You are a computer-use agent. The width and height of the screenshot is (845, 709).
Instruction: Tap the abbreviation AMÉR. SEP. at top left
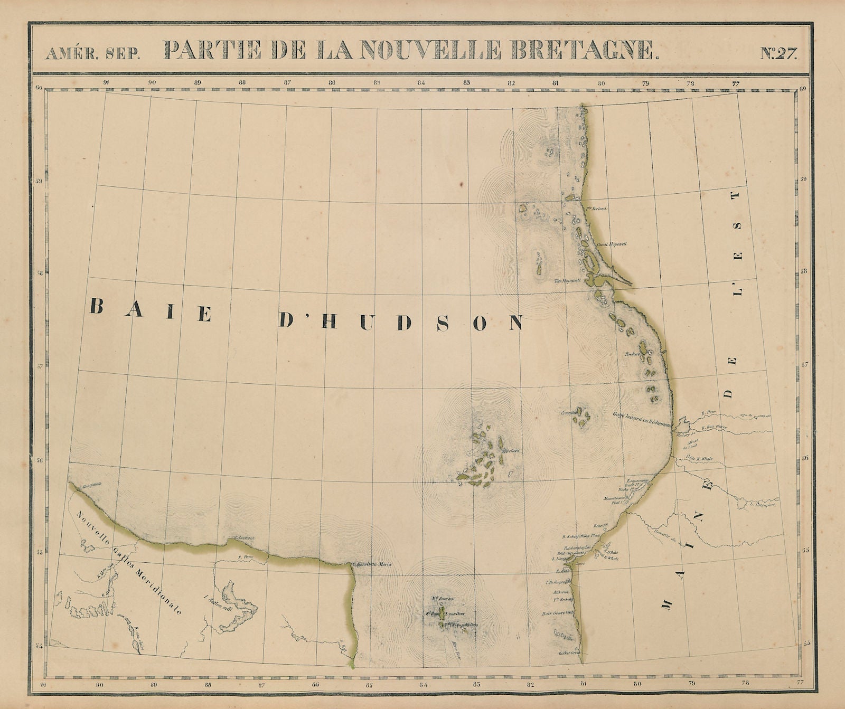pyautogui.click(x=93, y=53)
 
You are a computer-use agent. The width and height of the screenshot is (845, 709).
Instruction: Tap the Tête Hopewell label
pyautogui.click(x=570, y=280)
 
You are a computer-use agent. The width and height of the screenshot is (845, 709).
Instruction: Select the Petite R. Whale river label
pyautogui.click(x=699, y=459)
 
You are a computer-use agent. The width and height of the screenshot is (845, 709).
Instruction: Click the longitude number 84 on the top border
pyautogui.click(x=422, y=82)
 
